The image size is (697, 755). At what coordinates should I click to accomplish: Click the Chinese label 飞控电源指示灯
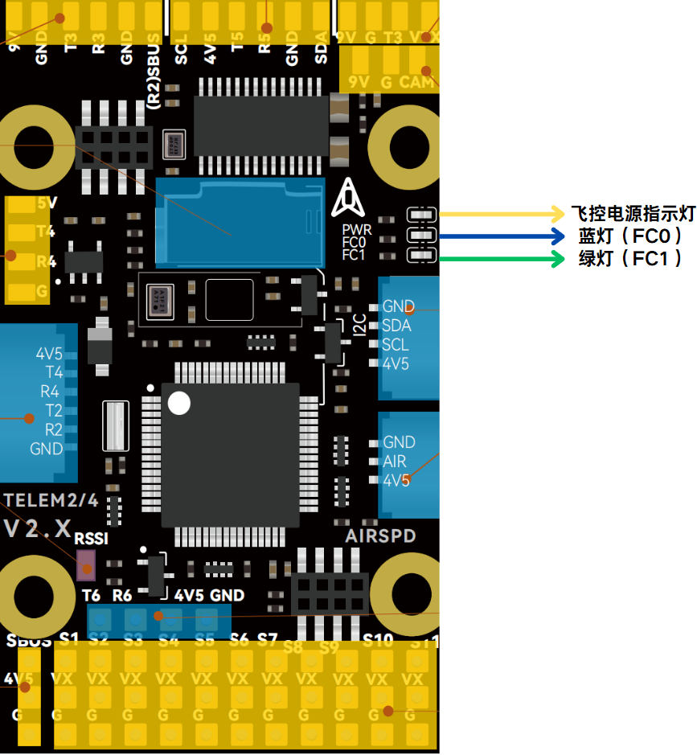[x=632, y=214]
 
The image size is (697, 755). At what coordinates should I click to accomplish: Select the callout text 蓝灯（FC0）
[x=631, y=236]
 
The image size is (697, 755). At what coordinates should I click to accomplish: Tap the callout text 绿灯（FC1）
[x=631, y=259]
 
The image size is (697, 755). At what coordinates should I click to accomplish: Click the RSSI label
[x=91, y=539]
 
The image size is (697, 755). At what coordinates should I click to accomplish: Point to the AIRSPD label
[x=380, y=535]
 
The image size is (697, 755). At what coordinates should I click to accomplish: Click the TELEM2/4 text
[x=51, y=500]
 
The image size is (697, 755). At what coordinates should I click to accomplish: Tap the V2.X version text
[x=39, y=528]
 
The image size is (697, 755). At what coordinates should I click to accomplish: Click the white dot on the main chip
[x=179, y=403]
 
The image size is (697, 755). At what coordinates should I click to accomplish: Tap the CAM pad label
[x=416, y=81]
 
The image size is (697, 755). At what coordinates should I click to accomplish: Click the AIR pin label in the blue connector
[x=395, y=462]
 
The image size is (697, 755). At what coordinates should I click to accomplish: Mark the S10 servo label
[x=378, y=641]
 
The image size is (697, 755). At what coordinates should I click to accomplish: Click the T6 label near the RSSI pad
[x=92, y=596]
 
